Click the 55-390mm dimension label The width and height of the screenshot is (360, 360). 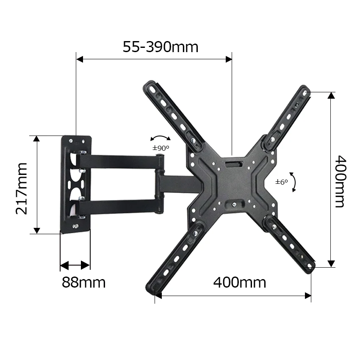[x=161, y=47]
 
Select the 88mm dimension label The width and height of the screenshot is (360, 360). [x=83, y=282]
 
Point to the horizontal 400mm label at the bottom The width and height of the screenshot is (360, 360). [x=240, y=282]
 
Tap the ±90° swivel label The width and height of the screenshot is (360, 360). [x=161, y=148]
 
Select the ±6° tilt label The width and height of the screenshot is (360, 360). [x=281, y=182]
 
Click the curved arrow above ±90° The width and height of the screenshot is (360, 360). [x=161, y=138]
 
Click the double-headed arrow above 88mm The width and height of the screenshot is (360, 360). [x=75, y=266]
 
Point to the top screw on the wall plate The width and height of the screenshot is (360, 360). [x=75, y=140]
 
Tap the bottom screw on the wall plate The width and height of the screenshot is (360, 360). [x=76, y=227]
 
